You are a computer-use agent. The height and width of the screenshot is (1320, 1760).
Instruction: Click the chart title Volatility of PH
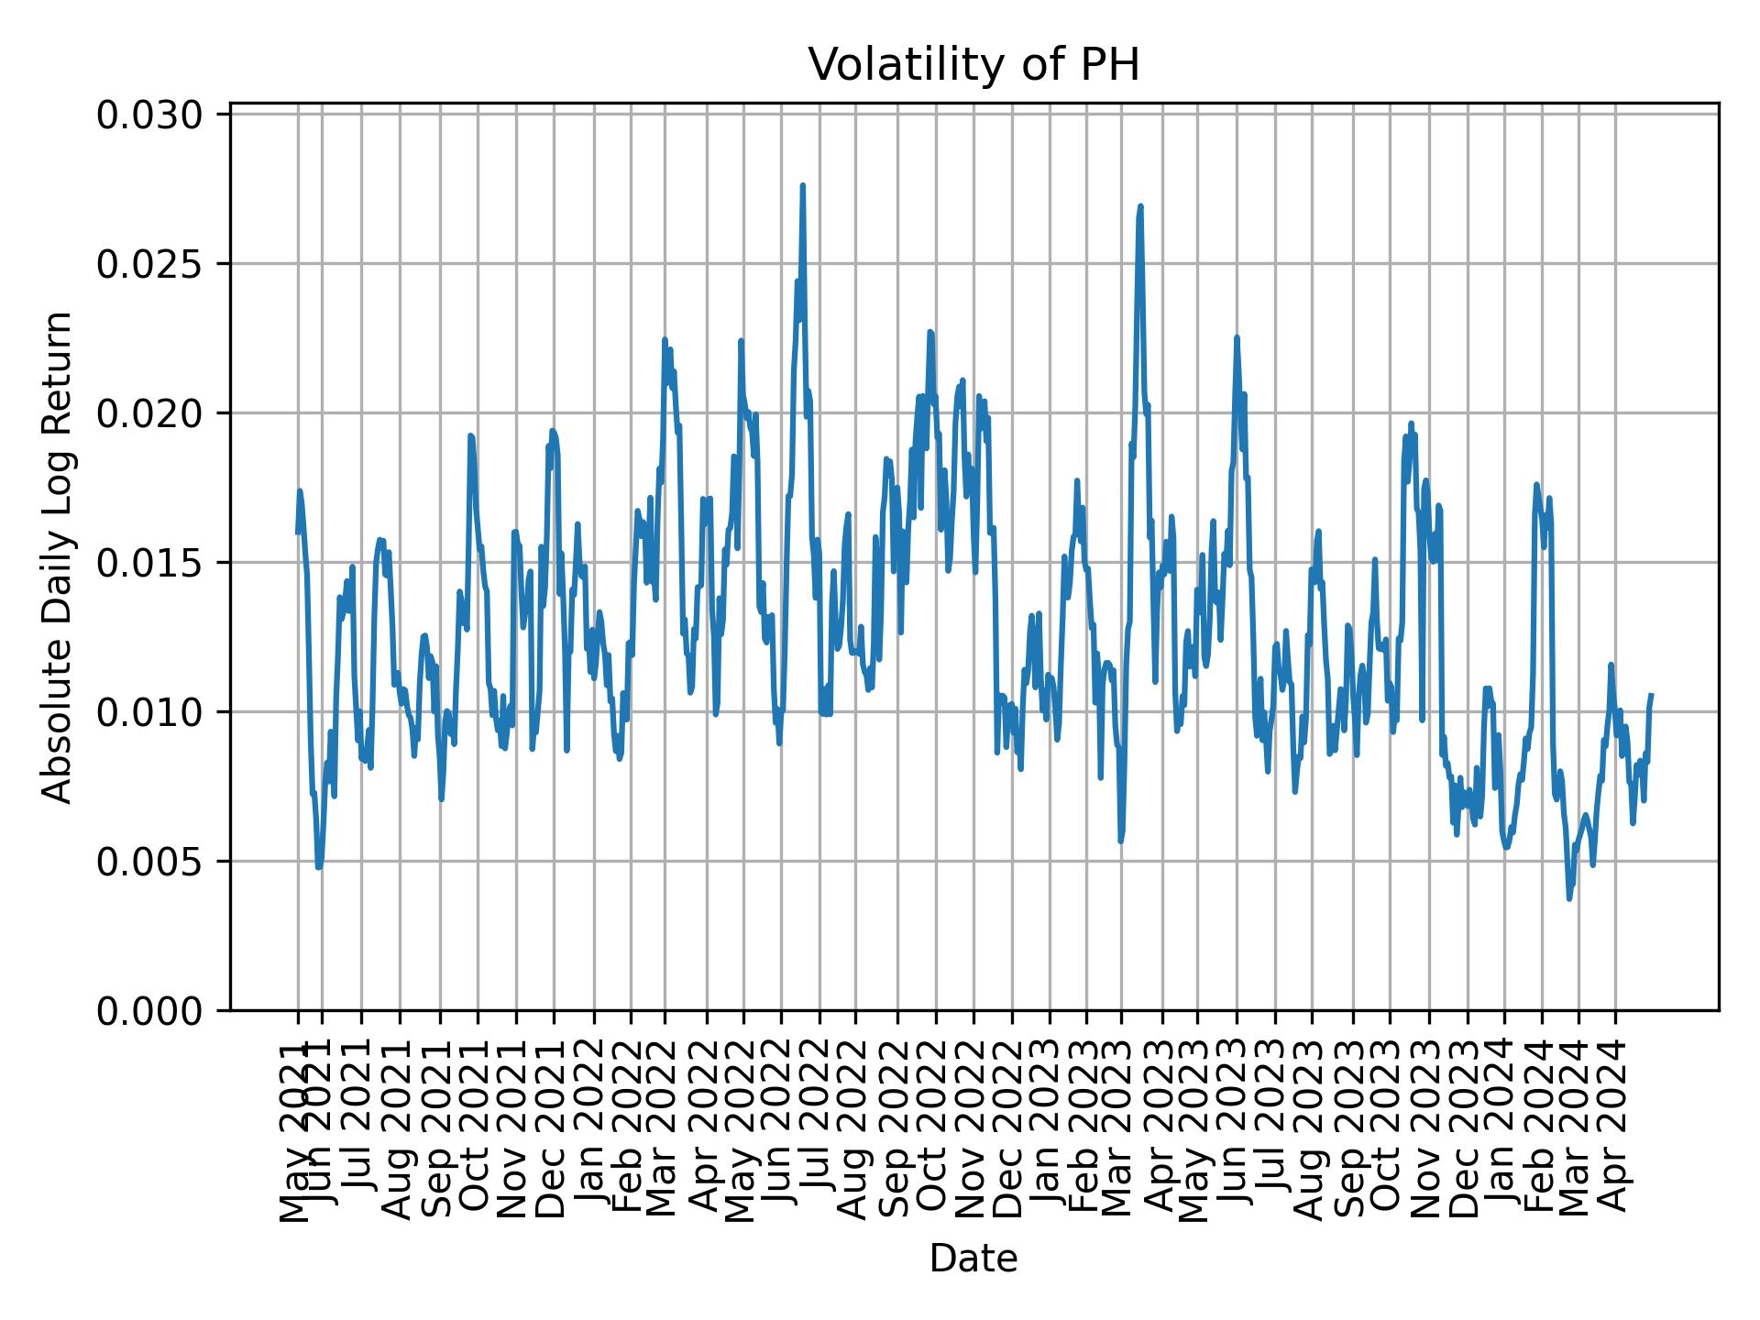tap(973, 66)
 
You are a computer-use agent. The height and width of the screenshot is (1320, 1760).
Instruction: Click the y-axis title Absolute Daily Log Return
tap(59, 557)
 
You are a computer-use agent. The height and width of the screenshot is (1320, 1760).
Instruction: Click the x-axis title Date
tap(973, 1259)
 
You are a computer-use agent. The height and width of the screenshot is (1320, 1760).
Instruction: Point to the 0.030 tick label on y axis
tap(150, 115)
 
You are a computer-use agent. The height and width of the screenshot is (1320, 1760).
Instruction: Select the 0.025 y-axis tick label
tap(150, 264)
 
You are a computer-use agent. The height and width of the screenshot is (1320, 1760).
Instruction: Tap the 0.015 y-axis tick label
tap(150, 563)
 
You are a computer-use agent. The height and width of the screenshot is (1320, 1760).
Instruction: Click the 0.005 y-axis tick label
tap(150, 862)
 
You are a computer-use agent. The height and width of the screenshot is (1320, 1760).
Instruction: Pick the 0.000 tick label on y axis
tap(150, 1010)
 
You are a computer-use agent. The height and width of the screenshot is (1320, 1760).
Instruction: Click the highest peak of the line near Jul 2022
tap(802, 186)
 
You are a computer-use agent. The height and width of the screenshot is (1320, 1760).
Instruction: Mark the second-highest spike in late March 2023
tap(1140, 207)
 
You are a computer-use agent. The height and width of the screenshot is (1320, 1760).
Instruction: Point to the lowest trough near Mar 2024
tap(1569, 898)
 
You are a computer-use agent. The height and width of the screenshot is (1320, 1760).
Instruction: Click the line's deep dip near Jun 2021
tap(319, 866)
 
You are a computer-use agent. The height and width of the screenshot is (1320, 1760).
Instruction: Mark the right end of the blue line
tap(1651, 695)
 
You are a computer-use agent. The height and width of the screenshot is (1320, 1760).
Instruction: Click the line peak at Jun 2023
tap(1237, 337)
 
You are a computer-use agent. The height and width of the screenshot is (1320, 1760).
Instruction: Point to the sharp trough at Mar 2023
tap(1121, 841)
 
